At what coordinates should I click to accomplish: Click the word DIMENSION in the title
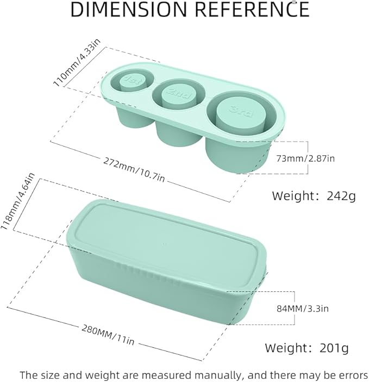129,9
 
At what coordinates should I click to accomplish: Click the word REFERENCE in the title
252,9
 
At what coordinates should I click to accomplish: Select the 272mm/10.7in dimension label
134,169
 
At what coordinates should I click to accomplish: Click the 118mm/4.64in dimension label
18,201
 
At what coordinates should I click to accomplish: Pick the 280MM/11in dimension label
108,335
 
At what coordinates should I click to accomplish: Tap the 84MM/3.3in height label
303,309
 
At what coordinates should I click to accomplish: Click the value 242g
341,196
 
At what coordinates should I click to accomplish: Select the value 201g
334,348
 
